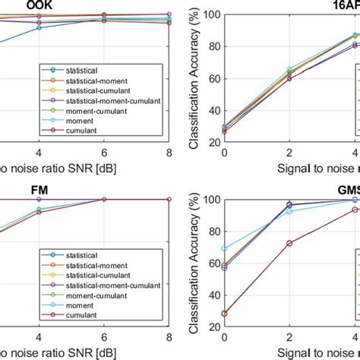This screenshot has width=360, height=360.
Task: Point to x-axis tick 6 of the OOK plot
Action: tap(104, 152)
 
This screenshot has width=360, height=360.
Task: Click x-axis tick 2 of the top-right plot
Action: tap(289, 152)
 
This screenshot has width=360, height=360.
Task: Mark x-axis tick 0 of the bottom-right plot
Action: tap(223, 336)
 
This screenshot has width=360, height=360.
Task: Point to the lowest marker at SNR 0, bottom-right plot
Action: tap(224, 313)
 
